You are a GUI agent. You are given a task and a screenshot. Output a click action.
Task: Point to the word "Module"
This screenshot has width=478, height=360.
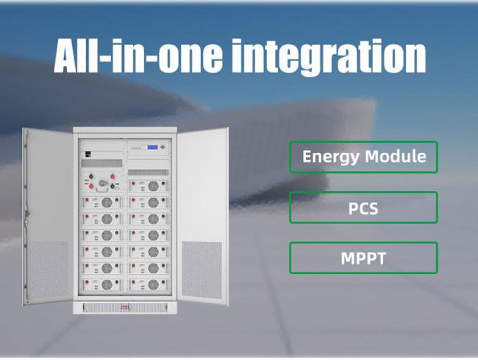pyautogui.click(x=396, y=156)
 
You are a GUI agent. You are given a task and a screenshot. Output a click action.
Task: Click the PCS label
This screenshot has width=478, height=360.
pyautogui.click(x=363, y=209)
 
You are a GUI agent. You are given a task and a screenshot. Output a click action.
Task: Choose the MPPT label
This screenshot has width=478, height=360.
pyautogui.click(x=363, y=259)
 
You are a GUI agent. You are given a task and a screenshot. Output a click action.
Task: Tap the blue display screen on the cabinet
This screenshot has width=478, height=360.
pyautogui.click(x=153, y=148)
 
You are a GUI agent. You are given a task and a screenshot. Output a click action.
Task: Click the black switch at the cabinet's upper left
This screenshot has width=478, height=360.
pyautogui.click(x=88, y=154)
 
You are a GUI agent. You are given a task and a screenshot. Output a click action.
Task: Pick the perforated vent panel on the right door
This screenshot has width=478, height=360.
pyautogui.click(x=201, y=270)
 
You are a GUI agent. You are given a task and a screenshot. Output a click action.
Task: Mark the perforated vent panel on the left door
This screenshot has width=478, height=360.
pyautogui.click(x=48, y=270)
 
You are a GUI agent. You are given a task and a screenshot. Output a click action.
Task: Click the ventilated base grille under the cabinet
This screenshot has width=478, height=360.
pyautogui.click(x=125, y=308)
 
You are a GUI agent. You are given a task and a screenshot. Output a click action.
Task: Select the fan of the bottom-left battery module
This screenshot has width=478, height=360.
pyautogui.click(x=107, y=285)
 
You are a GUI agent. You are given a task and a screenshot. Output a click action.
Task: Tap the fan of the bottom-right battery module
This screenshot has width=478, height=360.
pyautogui.click(x=154, y=285)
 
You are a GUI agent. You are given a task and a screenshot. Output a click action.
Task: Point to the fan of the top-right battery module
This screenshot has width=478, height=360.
pyautogui.click(x=154, y=186)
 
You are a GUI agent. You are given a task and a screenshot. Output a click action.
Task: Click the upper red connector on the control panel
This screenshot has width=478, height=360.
pyautogui.click(x=113, y=176)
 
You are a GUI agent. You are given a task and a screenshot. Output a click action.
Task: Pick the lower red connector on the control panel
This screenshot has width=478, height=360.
pyautogui.click(x=91, y=185)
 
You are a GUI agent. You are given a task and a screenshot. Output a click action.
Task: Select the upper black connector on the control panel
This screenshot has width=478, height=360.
pyautogui.click(x=91, y=176)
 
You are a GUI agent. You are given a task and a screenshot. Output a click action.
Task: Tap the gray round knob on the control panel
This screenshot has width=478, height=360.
pyautogui.click(x=103, y=184)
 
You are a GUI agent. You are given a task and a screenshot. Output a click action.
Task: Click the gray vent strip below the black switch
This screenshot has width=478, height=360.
pyautogui.click(x=101, y=163)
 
